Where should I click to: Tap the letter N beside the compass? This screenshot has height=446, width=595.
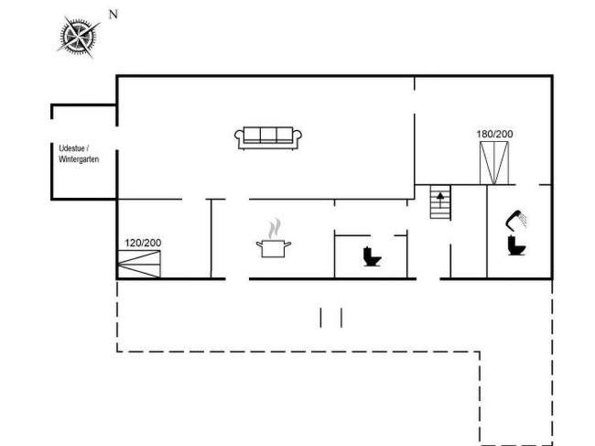tap(113, 15)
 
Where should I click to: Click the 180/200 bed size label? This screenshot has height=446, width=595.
tap(494, 134)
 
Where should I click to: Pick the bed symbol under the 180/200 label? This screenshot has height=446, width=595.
tap(495, 163)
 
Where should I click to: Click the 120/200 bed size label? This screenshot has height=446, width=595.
tap(143, 243)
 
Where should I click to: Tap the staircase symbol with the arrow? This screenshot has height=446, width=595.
tap(441, 201)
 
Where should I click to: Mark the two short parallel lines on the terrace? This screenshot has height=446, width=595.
tap(331, 317)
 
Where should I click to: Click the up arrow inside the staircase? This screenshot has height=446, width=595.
tap(441, 196)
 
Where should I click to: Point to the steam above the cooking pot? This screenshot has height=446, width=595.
tap(274, 227)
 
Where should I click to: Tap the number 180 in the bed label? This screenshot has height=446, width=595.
tap(484, 134)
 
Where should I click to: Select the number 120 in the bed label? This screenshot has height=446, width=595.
tap(133, 243)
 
